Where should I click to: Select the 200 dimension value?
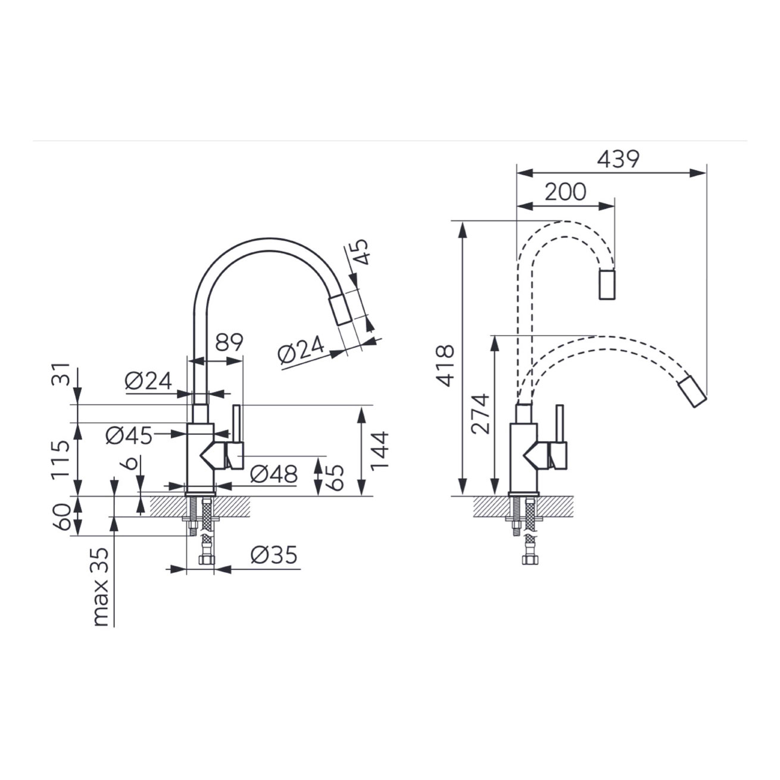point(565,192)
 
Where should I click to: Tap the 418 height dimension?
point(445,366)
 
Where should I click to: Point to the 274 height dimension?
point(481,414)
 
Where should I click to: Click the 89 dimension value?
point(229,342)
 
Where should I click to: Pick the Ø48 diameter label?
point(274,474)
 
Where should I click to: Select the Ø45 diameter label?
point(129,436)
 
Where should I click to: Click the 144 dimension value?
point(380,451)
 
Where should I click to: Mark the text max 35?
point(101,587)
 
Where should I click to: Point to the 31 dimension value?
point(61,375)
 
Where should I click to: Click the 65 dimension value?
point(335,478)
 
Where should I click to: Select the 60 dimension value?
point(61,517)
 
